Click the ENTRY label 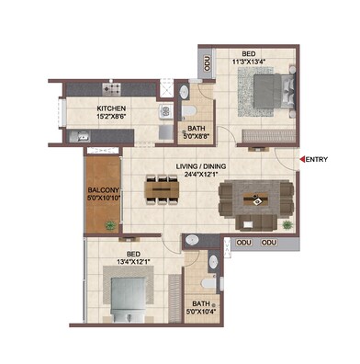[317, 160]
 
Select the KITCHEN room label [110, 108]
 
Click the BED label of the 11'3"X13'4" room [248, 54]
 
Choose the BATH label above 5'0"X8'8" [196, 129]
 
